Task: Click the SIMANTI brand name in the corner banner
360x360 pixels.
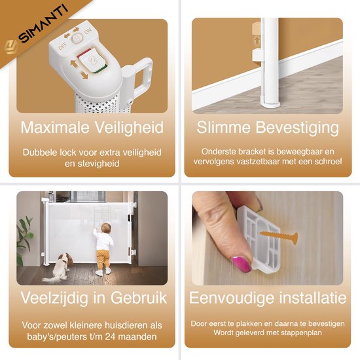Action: click(43, 24)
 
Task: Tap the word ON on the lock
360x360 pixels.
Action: click(88, 31)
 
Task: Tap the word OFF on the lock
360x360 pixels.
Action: click(62, 46)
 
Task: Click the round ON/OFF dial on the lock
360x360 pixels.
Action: click(77, 38)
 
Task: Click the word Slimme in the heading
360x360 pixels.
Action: click(223, 127)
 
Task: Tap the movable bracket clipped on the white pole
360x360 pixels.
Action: click(257, 56)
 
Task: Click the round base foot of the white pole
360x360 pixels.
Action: click(270, 104)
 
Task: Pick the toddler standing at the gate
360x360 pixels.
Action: click(103, 249)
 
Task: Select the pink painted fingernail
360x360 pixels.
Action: click(242, 264)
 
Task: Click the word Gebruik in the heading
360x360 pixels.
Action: click(139, 298)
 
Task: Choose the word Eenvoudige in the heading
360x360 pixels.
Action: click(232, 298)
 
